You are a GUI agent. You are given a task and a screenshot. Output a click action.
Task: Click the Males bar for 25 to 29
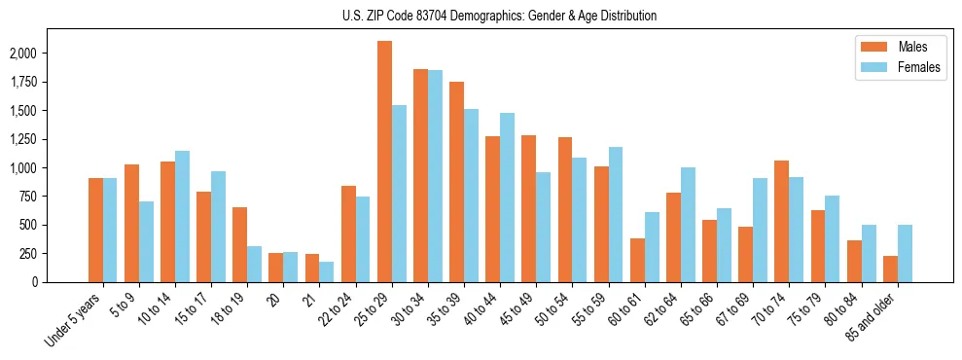pos(384,162)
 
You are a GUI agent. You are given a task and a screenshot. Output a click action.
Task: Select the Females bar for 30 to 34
pos(435,176)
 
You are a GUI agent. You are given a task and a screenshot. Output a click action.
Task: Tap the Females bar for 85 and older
pos(905,253)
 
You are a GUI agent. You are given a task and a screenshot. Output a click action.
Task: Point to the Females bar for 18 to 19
pos(255,264)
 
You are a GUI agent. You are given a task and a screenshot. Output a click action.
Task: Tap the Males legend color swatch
pos(869,47)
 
